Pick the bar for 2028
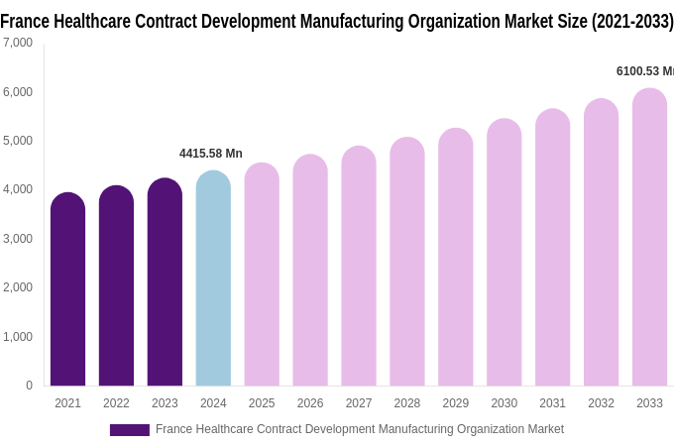tap(406, 263)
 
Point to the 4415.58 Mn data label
tap(210, 154)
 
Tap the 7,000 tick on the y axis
tap(17, 43)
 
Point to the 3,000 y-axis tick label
tap(17, 239)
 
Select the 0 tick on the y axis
tap(29, 386)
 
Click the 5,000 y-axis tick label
tap(17, 141)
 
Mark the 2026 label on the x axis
tap(310, 403)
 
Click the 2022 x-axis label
tap(116, 403)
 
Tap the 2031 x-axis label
tap(552, 403)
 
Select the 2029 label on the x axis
tap(455, 403)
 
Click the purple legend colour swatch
tap(129, 430)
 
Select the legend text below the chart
tap(359, 429)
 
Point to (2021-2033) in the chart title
tap(631, 21)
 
